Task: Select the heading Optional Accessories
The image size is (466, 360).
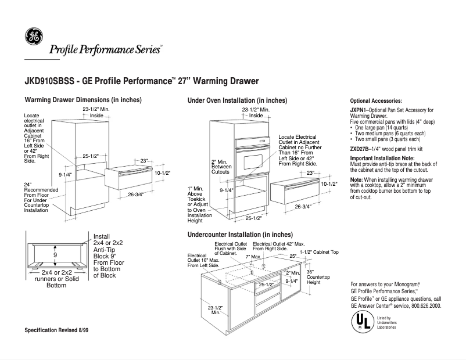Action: pos(376,101)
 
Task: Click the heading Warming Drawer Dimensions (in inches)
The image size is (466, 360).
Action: pos(83,100)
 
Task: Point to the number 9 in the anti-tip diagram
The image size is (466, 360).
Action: pos(56,255)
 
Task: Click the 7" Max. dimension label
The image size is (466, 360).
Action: pos(253,256)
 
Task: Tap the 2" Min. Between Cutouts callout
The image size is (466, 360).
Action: pos(221,168)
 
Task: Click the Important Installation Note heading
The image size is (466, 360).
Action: pos(382,159)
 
